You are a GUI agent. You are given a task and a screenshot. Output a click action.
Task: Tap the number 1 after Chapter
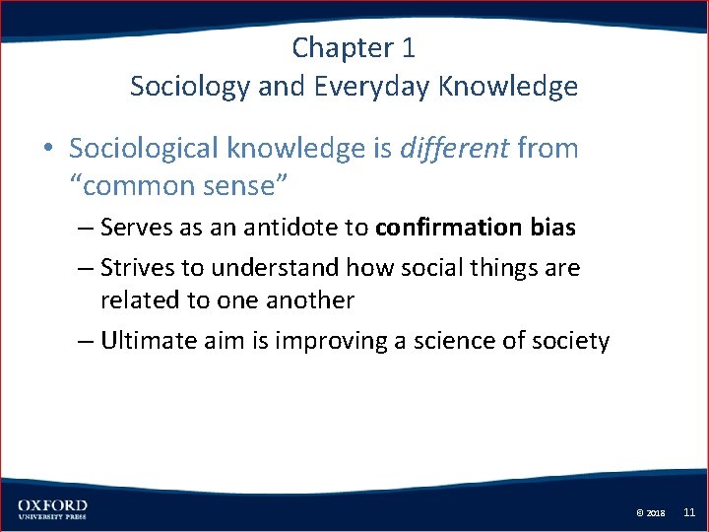[x=409, y=47]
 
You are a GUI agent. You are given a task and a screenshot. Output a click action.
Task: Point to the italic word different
[x=454, y=149]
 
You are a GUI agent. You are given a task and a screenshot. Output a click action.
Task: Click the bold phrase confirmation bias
[x=475, y=228]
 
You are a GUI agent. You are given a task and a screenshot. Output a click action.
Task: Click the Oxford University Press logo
[x=51, y=509]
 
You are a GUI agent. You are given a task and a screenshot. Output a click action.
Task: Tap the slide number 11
[x=689, y=512]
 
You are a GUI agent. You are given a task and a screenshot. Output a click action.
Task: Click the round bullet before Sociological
[x=48, y=150]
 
